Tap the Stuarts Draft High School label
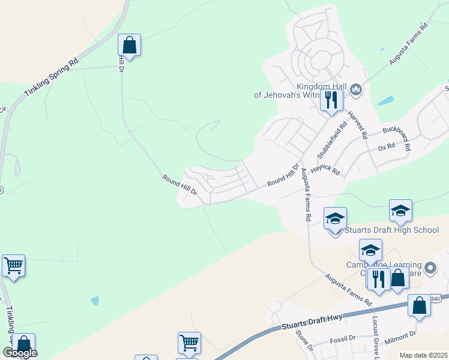tap(391, 230)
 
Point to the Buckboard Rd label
tap(397, 136)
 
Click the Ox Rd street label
tap(387, 146)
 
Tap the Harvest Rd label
tap(358, 119)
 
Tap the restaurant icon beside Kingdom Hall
tap(331, 100)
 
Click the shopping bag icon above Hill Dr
tap(129, 45)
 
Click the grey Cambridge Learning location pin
tap(430, 268)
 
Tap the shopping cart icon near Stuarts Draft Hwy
tap(189, 343)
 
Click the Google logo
tap(20, 353)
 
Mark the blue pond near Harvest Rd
tap(385, 101)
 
